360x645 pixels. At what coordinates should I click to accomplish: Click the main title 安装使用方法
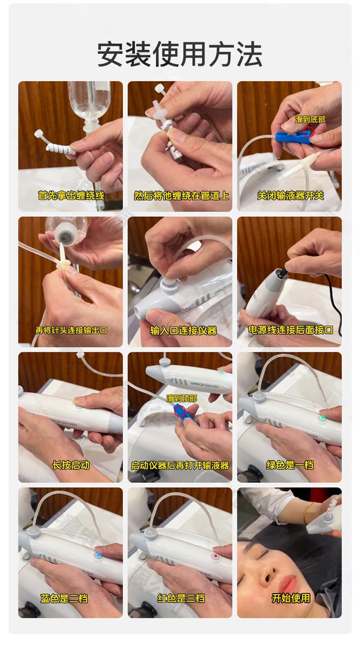point(180,54)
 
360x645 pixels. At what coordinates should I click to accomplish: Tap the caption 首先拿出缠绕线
point(71,195)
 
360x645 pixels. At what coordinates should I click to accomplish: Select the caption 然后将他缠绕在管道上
point(181,195)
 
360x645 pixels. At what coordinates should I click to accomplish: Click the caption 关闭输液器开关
point(290,195)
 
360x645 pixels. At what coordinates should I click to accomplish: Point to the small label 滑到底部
point(310,120)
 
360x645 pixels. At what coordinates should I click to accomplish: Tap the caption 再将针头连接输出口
point(71,330)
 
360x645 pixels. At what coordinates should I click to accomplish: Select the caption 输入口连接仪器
point(183,330)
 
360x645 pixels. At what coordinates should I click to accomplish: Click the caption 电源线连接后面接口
point(290,329)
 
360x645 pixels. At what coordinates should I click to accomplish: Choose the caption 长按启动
point(71,465)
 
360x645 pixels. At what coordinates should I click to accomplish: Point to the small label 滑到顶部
point(181,399)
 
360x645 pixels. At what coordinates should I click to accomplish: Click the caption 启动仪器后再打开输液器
point(180,465)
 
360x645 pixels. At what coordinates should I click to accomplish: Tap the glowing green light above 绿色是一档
point(323,417)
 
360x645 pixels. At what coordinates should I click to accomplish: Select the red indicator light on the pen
point(215,556)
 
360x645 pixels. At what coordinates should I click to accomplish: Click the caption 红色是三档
point(181,598)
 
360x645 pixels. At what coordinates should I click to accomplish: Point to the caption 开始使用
point(291,598)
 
